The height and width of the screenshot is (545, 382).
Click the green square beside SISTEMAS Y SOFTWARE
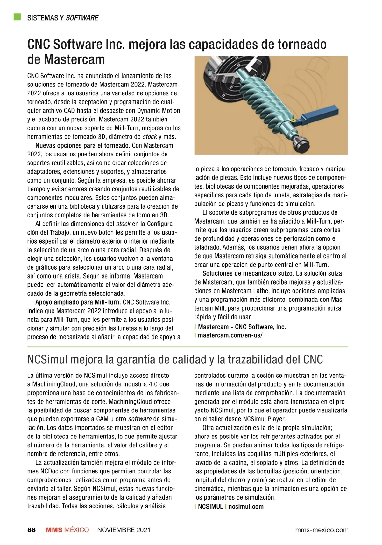(x=17, y=17)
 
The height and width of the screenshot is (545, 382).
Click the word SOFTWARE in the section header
(x=82, y=18)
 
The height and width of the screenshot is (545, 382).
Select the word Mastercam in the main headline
(x=74, y=59)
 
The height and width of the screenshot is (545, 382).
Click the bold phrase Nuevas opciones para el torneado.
(x=82, y=146)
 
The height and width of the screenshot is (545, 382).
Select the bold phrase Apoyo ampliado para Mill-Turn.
(x=78, y=302)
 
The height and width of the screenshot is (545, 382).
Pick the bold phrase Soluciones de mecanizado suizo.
(x=248, y=273)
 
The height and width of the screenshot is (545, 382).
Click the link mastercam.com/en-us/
(x=230, y=335)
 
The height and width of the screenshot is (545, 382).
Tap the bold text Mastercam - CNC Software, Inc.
(x=242, y=327)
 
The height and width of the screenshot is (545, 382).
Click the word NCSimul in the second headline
(x=48, y=360)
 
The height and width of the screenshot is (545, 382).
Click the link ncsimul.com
(x=246, y=507)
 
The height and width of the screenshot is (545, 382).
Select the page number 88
(x=32, y=530)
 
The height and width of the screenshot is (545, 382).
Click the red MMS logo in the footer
(x=54, y=530)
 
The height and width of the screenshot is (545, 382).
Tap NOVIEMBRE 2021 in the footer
(x=124, y=530)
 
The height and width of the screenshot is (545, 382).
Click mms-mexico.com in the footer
(x=322, y=530)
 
